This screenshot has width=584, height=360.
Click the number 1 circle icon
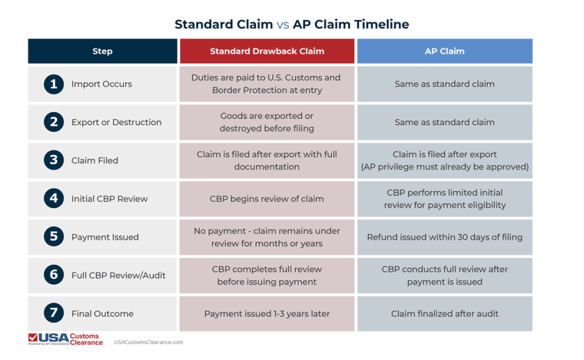[x=54, y=84]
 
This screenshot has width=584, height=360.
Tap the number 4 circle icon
[x=54, y=199]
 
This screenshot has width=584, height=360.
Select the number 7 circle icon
[x=54, y=313]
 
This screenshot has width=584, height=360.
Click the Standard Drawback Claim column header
[x=267, y=51]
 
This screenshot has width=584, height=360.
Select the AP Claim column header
[x=444, y=51]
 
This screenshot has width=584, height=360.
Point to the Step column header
[x=102, y=51]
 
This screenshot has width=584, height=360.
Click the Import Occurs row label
[x=102, y=84]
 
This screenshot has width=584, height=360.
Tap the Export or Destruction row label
[x=116, y=122]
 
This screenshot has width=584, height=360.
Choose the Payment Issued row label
[x=105, y=237]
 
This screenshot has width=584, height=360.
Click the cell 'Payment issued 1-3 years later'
[x=267, y=313]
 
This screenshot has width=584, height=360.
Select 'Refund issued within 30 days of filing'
[x=444, y=237]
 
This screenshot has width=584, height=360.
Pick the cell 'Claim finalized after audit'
[x=444, y=313]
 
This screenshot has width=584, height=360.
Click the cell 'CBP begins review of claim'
[x=267, y=199]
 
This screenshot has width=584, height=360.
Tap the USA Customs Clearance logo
[x=65, y=339]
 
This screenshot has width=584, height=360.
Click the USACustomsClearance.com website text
[x=149, y=342]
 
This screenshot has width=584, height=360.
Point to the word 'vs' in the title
[x=283, y=25]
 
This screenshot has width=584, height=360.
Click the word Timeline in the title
[x=381, y=25]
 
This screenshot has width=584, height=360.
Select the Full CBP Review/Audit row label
[x=119, y=275]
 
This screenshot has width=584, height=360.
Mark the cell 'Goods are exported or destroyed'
[x=267, y=122]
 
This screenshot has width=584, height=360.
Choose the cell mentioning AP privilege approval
[x=444, y=160]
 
